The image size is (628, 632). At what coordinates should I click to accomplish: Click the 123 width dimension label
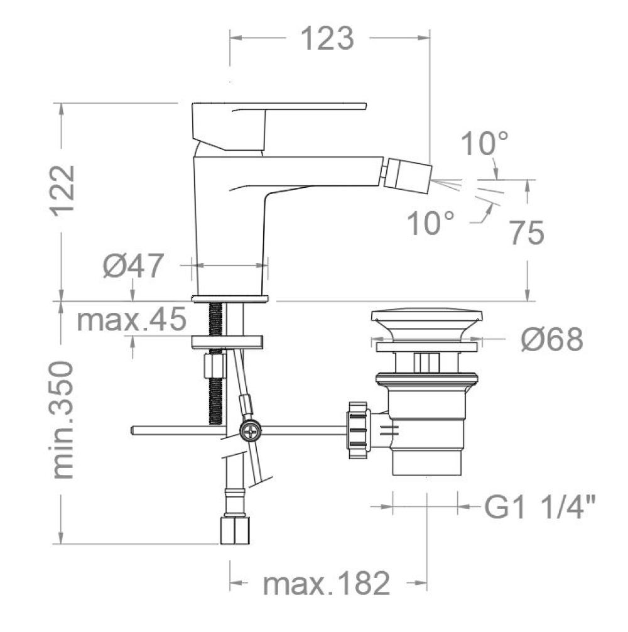tap(327, 38)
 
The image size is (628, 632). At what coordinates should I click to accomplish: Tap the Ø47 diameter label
tap(133, 265)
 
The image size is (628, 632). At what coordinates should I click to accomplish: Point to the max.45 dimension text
tap(131, 319)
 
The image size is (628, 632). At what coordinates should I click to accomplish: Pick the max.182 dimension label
tap(327, 583)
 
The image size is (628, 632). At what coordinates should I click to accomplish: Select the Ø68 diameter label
tap(552, 339)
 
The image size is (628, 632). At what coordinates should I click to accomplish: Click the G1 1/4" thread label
tap(540, 506)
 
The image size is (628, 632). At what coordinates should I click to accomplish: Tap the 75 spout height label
tap(527, 233)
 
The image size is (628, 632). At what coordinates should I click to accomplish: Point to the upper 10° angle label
tap(484, 143)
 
